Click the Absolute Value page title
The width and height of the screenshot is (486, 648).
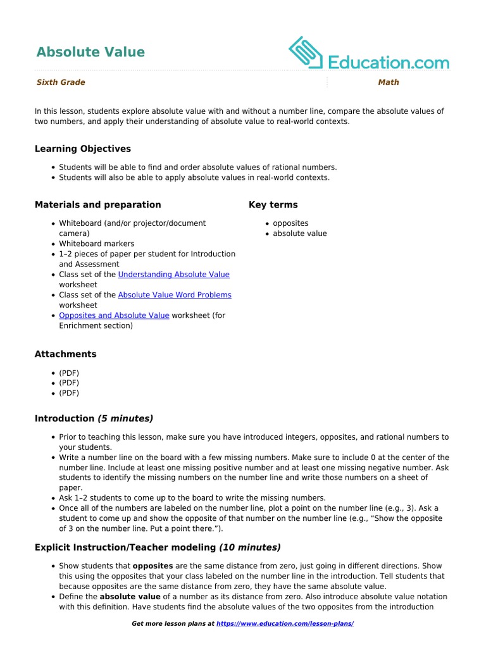coord(90,52)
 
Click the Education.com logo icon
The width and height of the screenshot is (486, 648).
coord(306,53)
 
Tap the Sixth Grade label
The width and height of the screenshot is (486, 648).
coord(61,82)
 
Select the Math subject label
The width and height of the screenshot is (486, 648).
coord(389,82)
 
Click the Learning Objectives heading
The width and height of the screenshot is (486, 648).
coord(83,149)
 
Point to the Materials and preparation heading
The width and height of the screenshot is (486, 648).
coord(98,204)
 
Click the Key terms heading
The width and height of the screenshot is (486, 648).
coord(273,204)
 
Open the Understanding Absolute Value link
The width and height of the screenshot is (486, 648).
coord(174,275)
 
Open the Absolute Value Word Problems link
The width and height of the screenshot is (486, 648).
coord(175,295)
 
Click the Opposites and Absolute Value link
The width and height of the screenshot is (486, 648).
coord(114,315)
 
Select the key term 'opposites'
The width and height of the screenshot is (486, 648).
coord(290,223)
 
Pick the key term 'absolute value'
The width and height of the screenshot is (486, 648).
coord(300,234)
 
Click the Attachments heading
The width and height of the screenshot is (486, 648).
coord(66,354)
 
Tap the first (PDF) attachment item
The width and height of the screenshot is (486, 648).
coord(69,373)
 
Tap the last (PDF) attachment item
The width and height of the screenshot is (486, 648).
coord(69,393)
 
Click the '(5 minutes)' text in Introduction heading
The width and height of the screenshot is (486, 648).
coord(125,418)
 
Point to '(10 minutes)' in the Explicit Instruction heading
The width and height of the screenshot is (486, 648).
coord(250,547)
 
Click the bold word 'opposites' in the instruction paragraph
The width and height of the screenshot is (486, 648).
coord(152,566)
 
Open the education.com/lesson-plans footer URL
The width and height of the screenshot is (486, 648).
coord(285,624)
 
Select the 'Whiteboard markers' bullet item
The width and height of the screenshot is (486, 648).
coord(97,244)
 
